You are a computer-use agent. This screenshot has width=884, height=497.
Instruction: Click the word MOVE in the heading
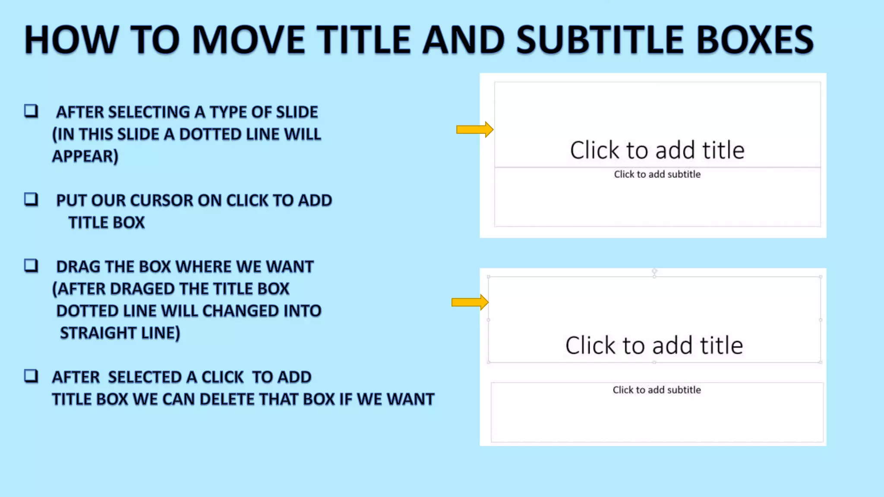tap(248, 40)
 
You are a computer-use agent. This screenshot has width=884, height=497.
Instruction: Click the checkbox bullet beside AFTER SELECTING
tap(31, 111)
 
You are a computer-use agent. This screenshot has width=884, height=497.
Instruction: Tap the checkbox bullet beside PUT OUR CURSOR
tap(31, 200)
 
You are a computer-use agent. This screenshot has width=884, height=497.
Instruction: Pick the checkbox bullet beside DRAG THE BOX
tap(31, 266)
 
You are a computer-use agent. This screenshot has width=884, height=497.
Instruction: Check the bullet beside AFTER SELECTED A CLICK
tap(31, 376)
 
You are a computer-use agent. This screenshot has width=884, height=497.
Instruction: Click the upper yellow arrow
tap(474, 129)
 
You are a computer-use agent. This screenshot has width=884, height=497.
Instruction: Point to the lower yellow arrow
tap(470, 302)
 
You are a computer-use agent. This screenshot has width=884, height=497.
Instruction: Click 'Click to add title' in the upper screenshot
tap(657, 150)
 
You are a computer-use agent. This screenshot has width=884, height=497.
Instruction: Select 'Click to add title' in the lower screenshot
tap(654, 345)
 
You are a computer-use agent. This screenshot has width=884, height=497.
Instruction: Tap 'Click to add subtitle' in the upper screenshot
tap(657, 174)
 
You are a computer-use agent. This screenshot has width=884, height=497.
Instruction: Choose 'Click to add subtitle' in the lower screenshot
tap(657, 390)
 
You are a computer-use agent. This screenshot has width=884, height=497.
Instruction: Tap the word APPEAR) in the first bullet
tap(85, 156)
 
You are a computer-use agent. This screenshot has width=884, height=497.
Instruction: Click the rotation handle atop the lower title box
tap(654, 271)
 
